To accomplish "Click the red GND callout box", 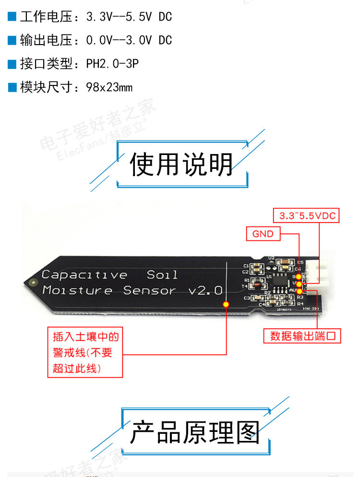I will click(x=263, y=234).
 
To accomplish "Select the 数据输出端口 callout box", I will click(x=302, y=336).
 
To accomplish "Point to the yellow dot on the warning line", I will click(x=226, y=304).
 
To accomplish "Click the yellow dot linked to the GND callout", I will click(x=299, y=276).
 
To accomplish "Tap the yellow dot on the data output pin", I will click(x=300, y=291).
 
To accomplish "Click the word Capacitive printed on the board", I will click(x=84, y=275).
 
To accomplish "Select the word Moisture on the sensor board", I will click(x=77, y=290).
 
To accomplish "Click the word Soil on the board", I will click(x=162, y=275).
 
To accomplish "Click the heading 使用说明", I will click(x=181, y=164).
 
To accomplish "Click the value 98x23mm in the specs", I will click(x=109, y=87).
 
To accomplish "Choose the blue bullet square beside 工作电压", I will click(x=12, y=17).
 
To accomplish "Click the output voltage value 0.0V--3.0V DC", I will click(x=129, y=40).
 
